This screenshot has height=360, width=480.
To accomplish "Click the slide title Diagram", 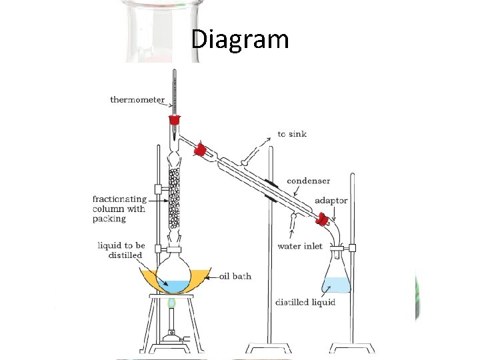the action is point(240,39).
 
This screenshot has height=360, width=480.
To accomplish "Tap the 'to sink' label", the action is point(293,134).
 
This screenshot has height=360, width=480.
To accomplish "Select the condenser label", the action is point(309,181).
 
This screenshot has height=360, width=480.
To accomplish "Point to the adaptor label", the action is point(330,201).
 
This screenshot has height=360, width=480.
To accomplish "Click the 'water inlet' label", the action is point(300,246).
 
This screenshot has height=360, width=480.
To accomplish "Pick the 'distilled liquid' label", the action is point(305,303).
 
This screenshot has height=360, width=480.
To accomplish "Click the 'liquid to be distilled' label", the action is point(120,251).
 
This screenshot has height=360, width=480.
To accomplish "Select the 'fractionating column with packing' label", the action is point(119,209).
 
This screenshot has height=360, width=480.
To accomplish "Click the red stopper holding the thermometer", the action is point(175,121).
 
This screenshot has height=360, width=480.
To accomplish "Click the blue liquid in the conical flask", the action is point(335,286).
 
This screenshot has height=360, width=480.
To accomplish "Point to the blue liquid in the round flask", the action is point(174,285).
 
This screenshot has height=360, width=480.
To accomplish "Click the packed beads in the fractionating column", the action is point(175,196).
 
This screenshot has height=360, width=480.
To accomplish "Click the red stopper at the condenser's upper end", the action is point(199,149).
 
